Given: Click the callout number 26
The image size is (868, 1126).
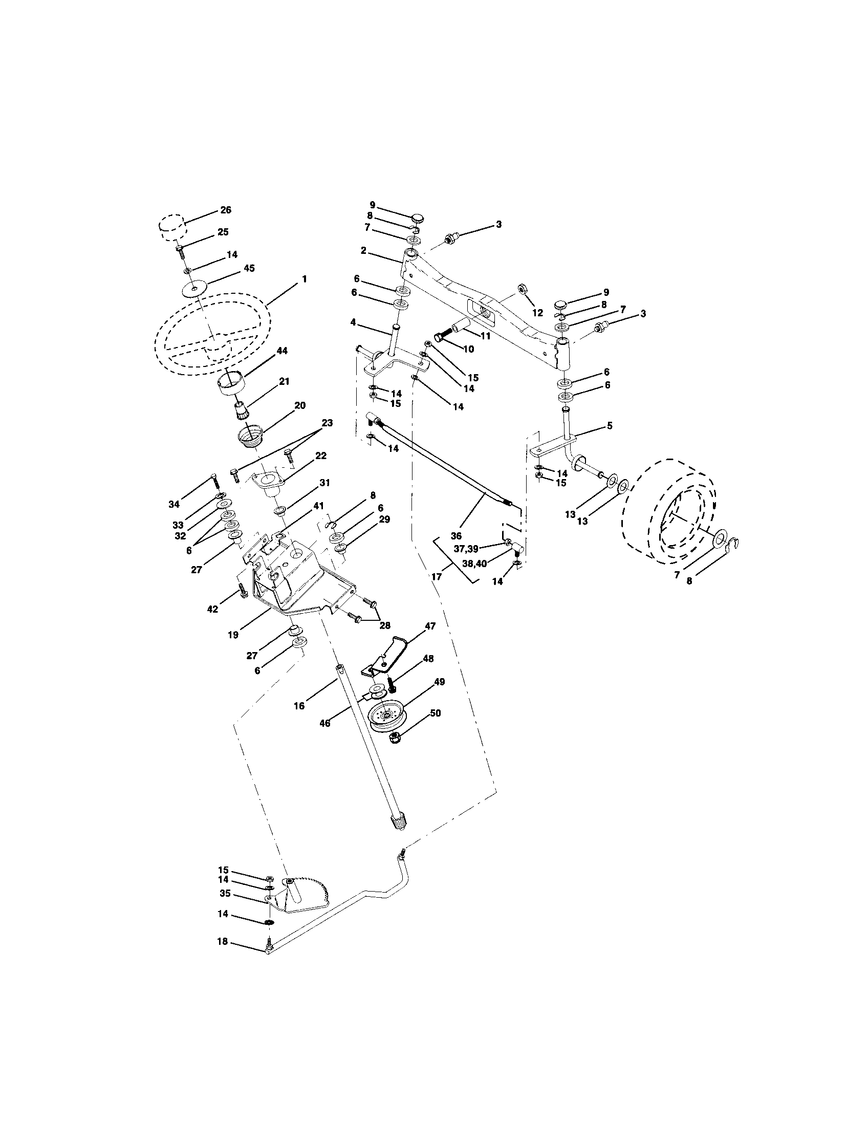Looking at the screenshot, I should pyautogui.click(x=226, y=210).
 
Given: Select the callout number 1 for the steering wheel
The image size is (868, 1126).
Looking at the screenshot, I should pyautogui.click(x=304, y=279).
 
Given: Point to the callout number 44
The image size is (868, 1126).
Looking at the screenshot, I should pyautogui.click(x=281, y=351).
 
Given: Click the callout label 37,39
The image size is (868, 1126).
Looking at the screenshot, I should pyautogui.click(x=466, y=549).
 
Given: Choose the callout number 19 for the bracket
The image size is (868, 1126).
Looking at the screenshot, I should pyautogui.click(x=233, y=635).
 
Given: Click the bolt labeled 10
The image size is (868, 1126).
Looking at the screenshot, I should pyautogui.click(x=442, y=338).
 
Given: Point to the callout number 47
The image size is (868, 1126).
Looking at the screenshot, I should pyautogui.click(x=430, y=626).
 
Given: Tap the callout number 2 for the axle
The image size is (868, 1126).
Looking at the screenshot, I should pyautogui.click(x=363, y=250).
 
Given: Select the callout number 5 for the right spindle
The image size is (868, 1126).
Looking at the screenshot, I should pyautogui.click(x=609, y=426).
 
